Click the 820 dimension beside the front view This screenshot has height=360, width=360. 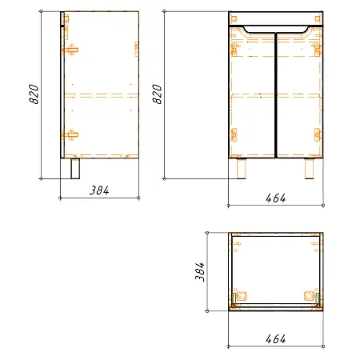click(157, 94)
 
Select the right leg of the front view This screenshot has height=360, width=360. click(310, 168)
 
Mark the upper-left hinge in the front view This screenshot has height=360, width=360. click(234, 48)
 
